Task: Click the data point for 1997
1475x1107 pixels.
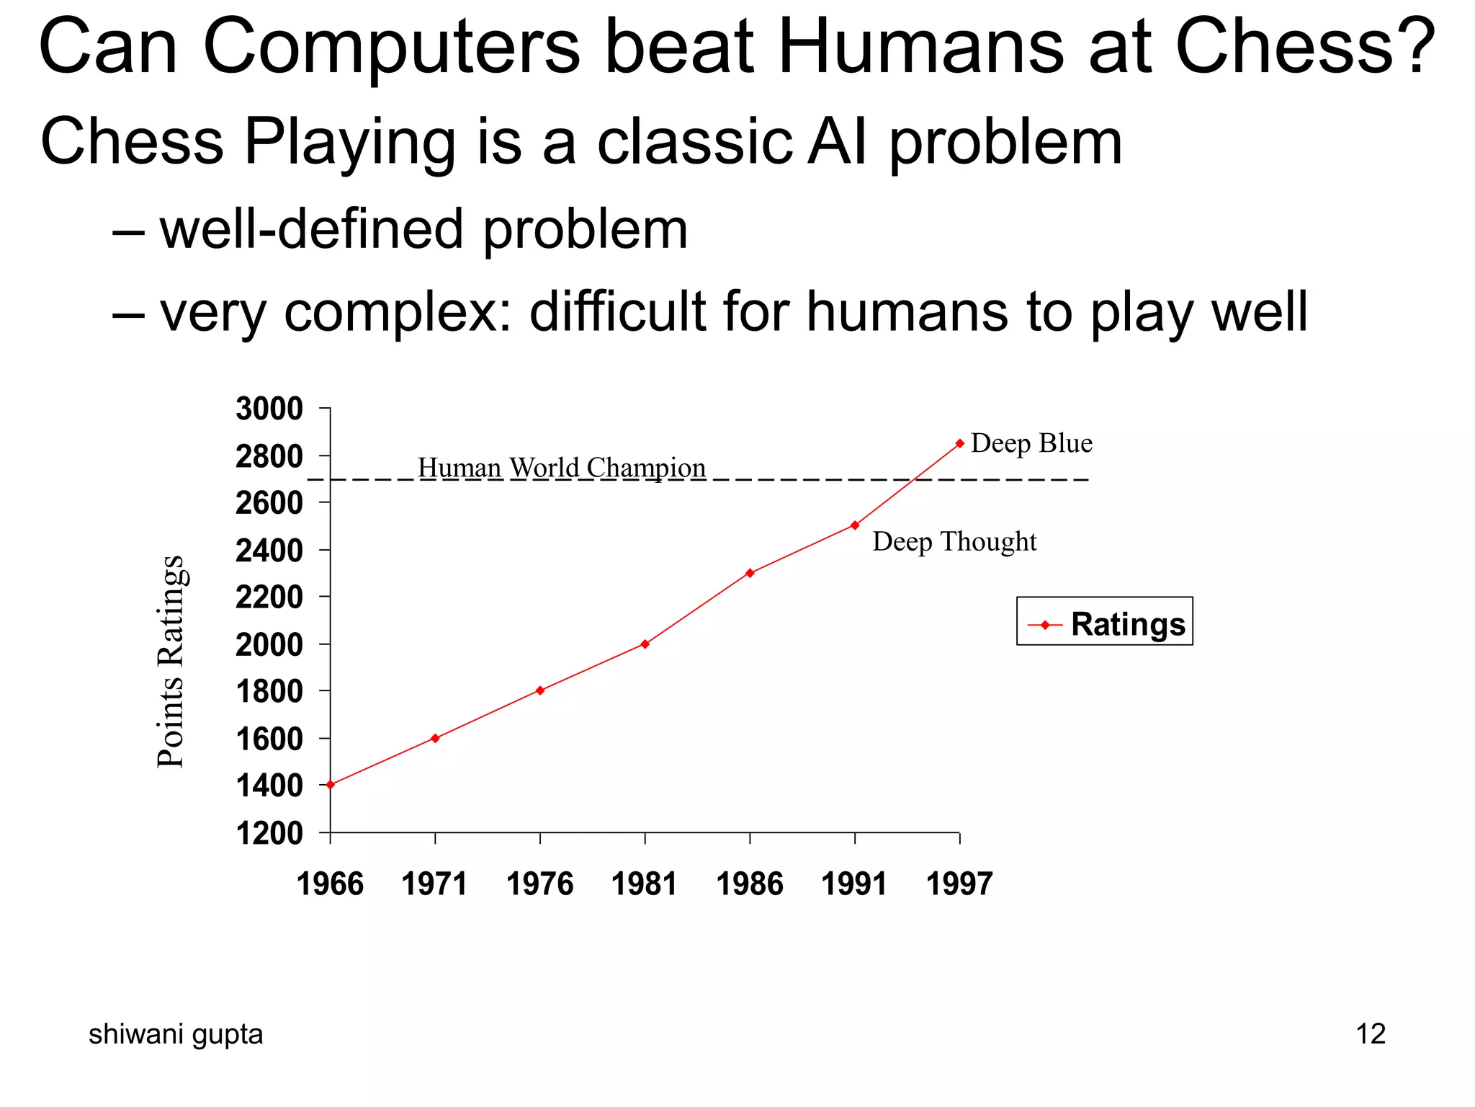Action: click(x=959, y=443)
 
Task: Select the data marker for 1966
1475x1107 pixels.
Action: click(x=331, y=785)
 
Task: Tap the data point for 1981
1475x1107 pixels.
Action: click(x=645, y=644)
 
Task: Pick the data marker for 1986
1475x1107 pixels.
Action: click(x=750, y=573)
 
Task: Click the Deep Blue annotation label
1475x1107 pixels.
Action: click(x=1031, y=443)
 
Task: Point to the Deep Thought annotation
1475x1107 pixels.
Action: click(x=954, y=541)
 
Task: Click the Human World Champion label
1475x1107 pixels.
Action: click(x=562, y=468)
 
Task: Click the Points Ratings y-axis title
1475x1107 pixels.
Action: click(x=172, y=662)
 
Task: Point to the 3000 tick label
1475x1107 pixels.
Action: click(x=269, y=409)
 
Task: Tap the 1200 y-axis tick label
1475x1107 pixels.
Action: click(x=269, y=833)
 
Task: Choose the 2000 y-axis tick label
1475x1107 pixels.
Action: click(x=269, y=644)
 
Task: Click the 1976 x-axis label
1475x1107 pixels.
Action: click(x=539, y=884)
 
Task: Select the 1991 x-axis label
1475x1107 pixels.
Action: click(x=854, y=884)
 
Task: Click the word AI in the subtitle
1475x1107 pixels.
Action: click(x=837, y=141)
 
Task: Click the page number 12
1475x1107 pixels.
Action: click(x=1370, y=1033)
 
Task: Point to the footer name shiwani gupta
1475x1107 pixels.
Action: click(x=176, y=1033)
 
